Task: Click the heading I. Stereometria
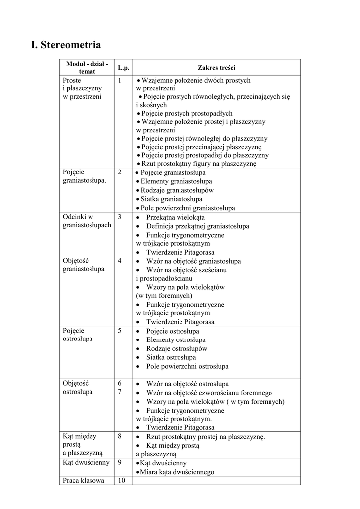[x=66, y=45]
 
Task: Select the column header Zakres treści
[x=217, y=68]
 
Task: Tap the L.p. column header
[x=123, y=68]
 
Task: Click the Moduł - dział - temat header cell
[x=87, y=68]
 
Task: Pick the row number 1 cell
[x=120, y=80]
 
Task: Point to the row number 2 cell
[x=120, y=172]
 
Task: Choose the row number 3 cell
[x=120, y=217]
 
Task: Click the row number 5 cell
[x=120, y=331]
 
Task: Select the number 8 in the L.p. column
[x=120, y=436]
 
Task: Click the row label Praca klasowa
[x=84, y=481]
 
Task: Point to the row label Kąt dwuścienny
[x=86, y=463]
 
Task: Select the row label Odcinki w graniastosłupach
[x=87, y=221]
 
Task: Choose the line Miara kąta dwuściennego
[x=177, y=472]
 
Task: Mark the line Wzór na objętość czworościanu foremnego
[x=209, y=393]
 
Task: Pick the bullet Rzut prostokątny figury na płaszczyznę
[x=198, y=164]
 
